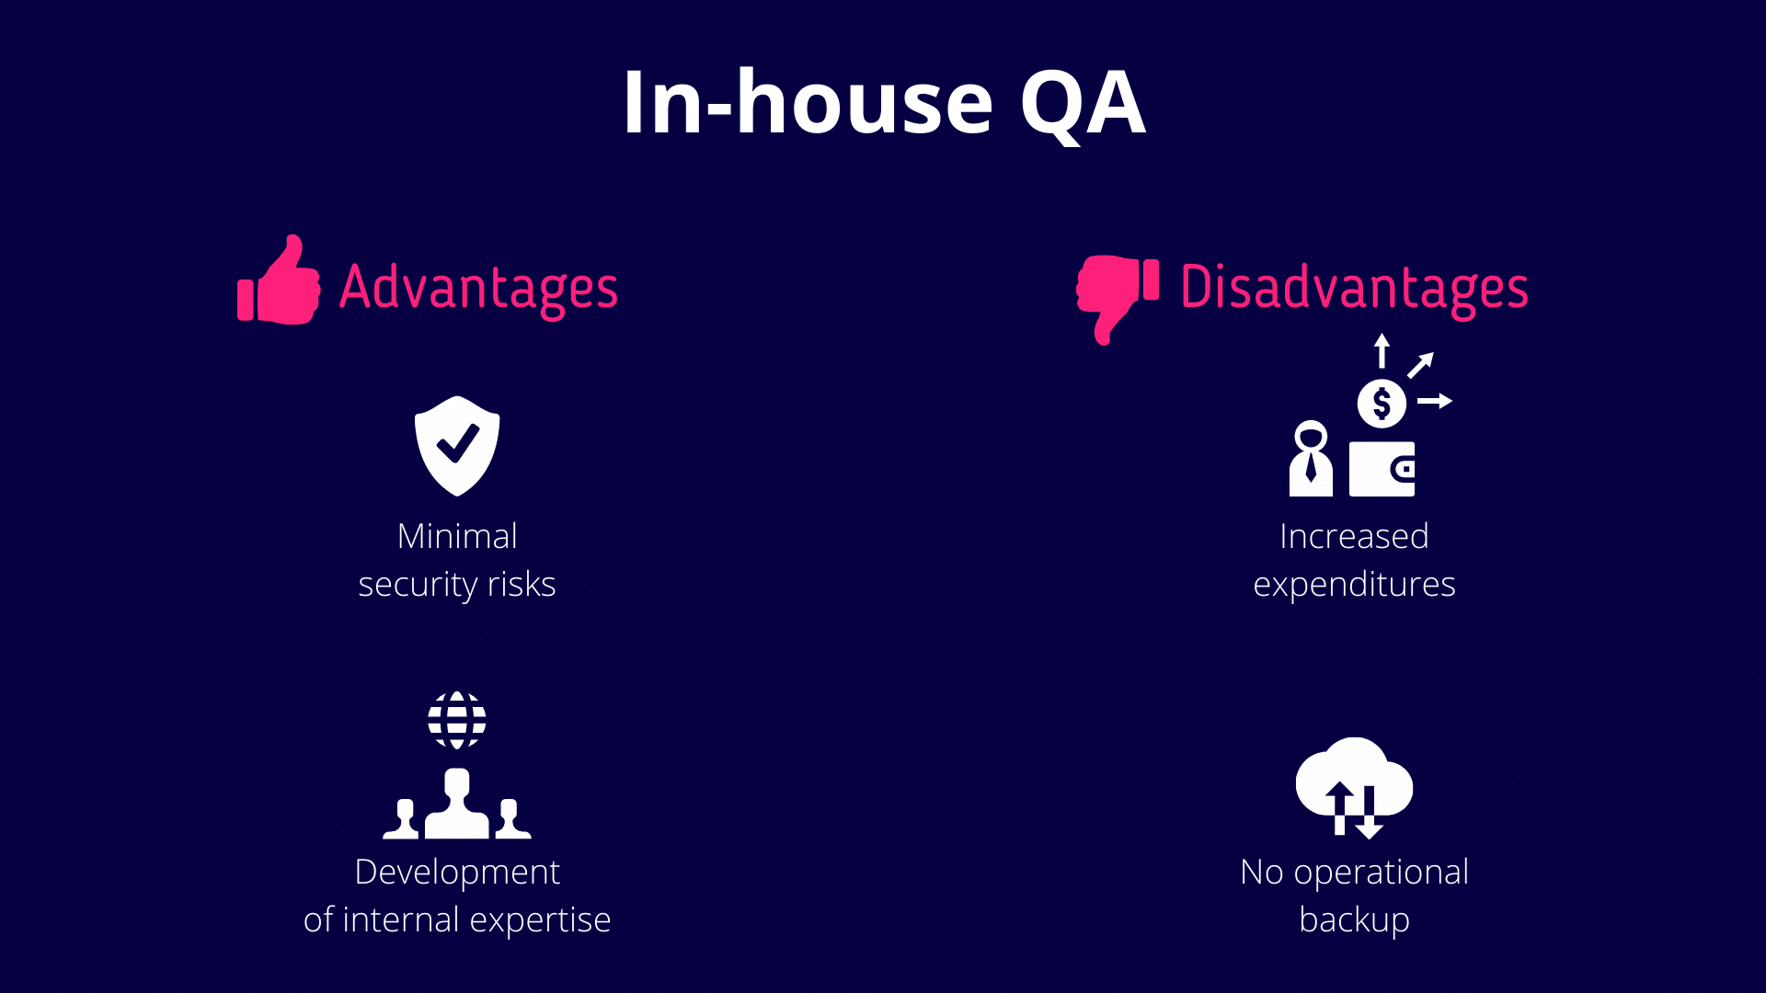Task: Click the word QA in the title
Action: (x=1083, y=105)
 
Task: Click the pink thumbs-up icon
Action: (x=279, y=280)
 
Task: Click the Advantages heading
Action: (x=478, y=289)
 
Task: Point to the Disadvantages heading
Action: (x=1354, y=289)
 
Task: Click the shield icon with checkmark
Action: (x=457, y=446)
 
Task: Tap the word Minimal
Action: (x=457, y=536)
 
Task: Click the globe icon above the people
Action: (x=457, y=720)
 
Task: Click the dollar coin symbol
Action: (x=1382, y=403)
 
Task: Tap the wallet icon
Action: (x=1382, y=469)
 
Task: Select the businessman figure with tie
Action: (x=1311, y=459)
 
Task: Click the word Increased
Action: (x=1354, y=536)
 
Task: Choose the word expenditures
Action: (x=1354, y=586)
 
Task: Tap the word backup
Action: (x=1354, y=920)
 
